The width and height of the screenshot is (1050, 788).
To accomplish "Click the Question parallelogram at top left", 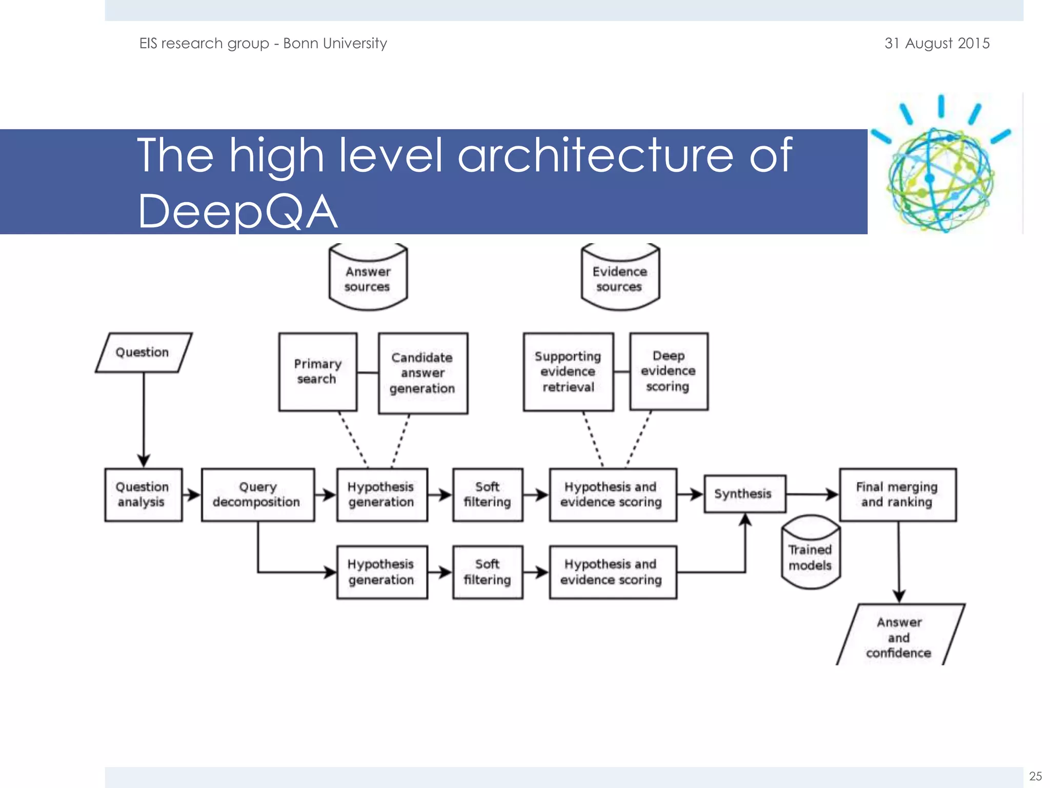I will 143,352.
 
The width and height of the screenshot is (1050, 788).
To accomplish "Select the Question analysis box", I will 143,495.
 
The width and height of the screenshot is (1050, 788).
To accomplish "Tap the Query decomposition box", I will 257,495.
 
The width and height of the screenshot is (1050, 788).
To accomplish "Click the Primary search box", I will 317,371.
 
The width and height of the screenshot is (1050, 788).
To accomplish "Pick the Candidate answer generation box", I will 422,373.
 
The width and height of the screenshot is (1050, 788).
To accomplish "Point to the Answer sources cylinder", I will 368,278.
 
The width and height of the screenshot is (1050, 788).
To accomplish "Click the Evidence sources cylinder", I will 620,278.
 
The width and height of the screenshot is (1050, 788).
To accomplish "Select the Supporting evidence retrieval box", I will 568,371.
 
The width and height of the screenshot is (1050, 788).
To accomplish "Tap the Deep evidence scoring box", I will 669,371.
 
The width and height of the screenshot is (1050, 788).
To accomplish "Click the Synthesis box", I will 744,494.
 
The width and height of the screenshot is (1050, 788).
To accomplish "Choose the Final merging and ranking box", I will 897,495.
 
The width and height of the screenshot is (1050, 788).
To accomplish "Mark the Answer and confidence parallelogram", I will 900,637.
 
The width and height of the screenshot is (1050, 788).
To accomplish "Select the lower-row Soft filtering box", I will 488,572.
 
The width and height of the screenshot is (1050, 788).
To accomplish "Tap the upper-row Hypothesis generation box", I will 381,495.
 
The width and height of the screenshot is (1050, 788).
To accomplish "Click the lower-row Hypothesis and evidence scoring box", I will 612,572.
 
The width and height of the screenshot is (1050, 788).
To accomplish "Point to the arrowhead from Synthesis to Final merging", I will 832,495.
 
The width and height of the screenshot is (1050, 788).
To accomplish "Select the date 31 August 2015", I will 937,44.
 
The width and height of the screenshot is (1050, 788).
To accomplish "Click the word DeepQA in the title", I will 238,211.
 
